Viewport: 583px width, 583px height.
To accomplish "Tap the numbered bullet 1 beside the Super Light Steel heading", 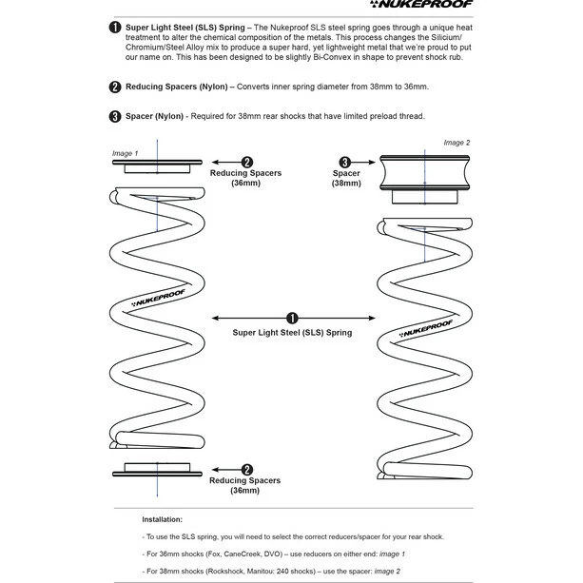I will tap(115, 28).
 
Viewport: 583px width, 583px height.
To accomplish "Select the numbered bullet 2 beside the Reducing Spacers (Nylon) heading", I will tap(115, 87).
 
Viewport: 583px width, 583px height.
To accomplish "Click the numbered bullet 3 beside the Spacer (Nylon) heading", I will tap(115, 117).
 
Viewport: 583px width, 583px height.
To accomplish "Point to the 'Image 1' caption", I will tap(125, 153).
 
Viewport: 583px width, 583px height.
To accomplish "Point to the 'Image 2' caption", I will tap(457, 143).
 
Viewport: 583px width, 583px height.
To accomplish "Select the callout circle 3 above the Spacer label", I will tap(345, 163).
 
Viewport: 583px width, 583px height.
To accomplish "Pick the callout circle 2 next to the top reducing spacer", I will tap(247, 163).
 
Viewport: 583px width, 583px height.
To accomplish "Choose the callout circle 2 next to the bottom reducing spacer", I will tap(247, 468).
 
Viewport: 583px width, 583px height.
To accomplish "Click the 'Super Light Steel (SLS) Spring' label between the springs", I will tap(292, 333).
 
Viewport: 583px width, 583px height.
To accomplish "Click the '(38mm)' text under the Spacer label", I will tap(345, 184).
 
